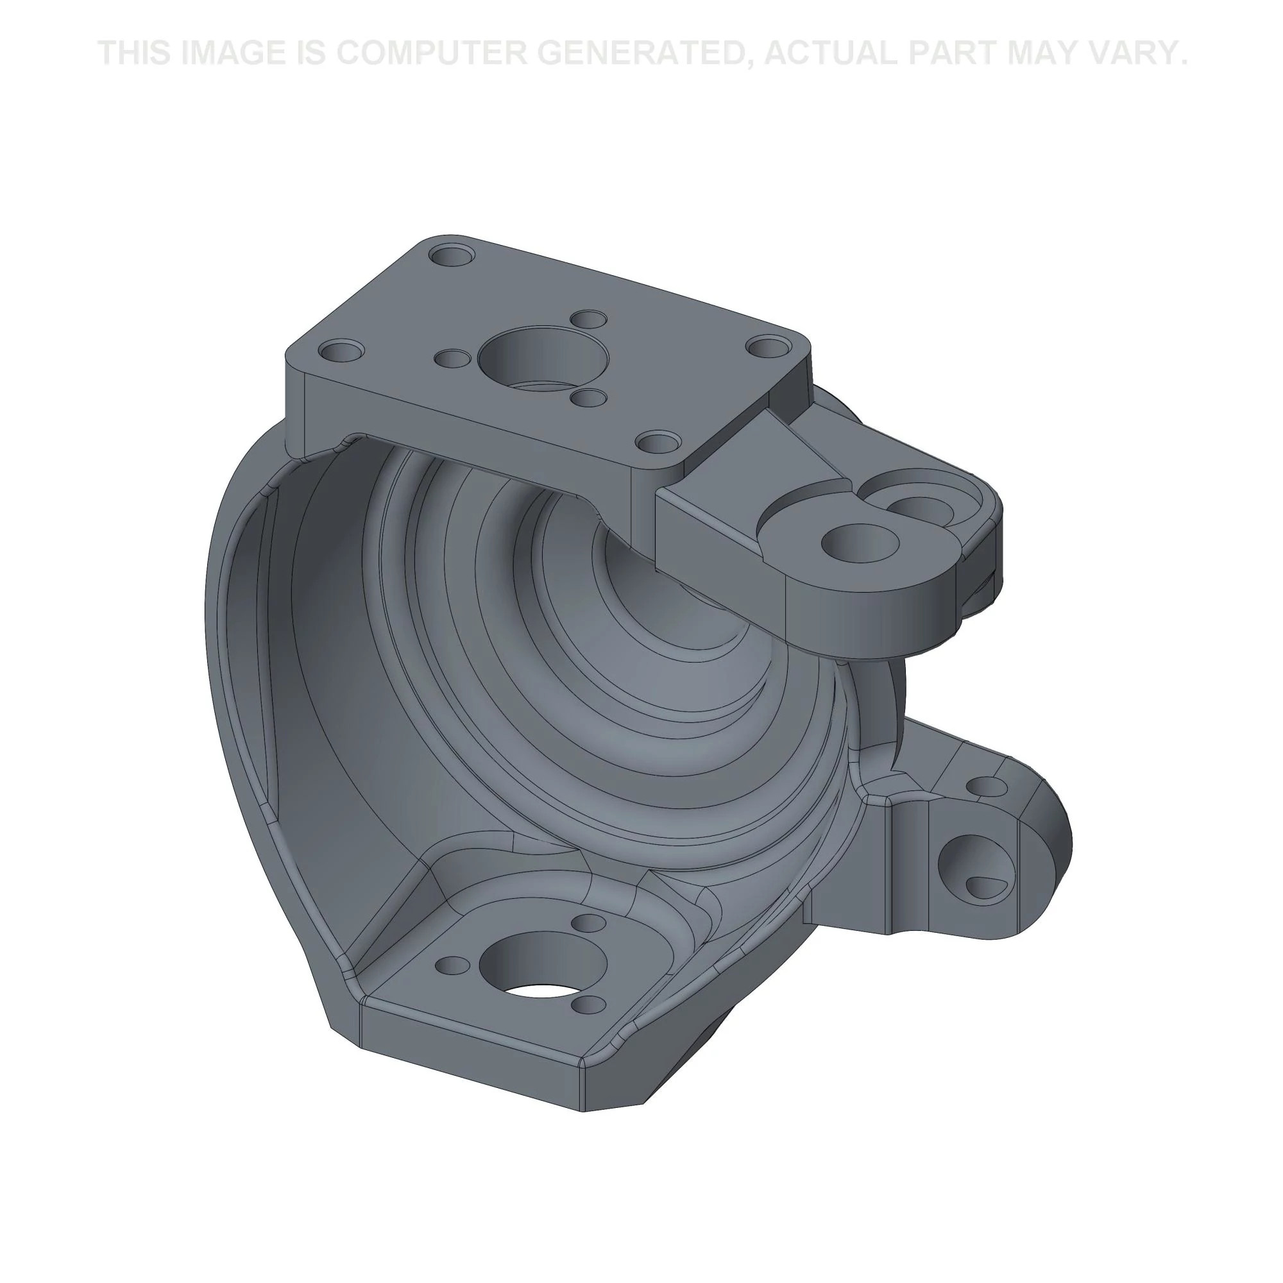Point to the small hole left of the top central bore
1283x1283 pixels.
(452, 359)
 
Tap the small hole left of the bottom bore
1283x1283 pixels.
(452, 964)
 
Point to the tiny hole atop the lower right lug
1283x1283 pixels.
(985, 787)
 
